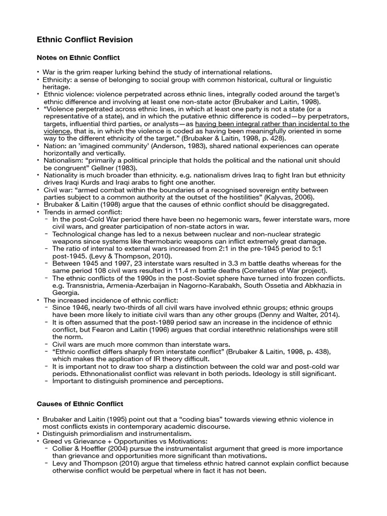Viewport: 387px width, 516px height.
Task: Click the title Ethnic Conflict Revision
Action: (85, 39)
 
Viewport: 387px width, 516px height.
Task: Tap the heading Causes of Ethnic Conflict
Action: (80, 404)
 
